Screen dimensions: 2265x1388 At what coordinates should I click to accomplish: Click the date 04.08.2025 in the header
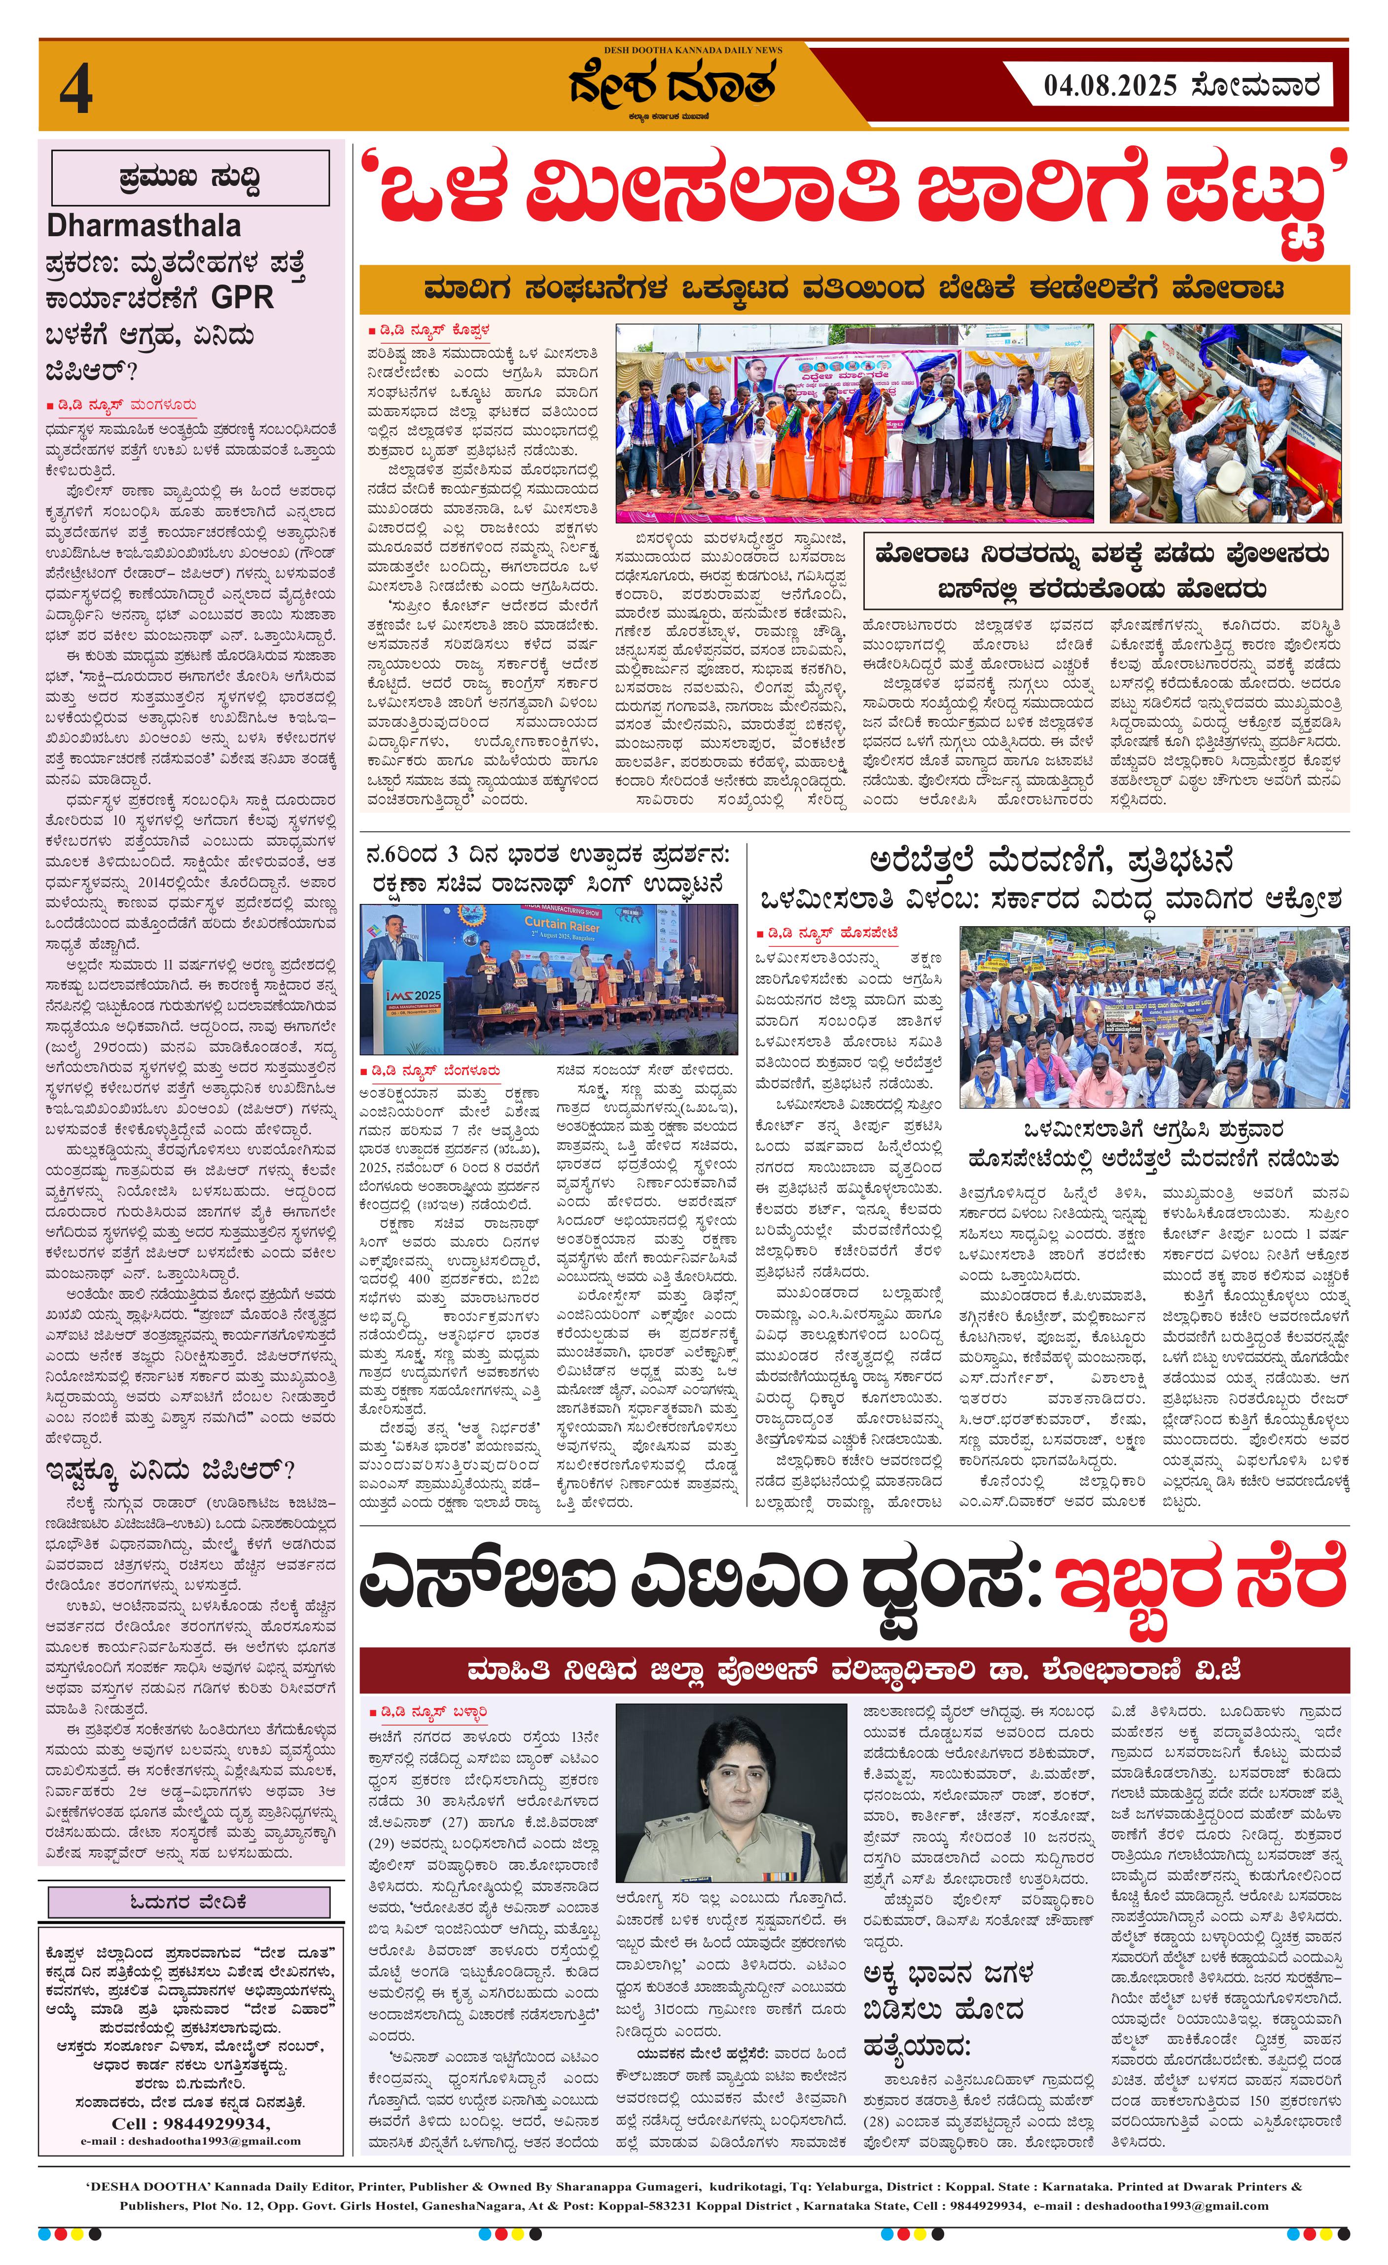click(1109, 86)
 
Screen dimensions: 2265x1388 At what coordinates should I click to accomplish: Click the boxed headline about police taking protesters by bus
click(1102, 572)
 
